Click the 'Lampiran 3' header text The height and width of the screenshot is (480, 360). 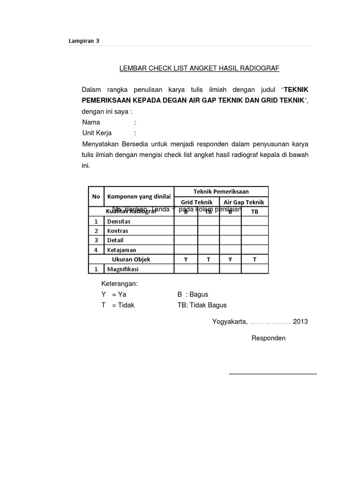click(x=84, y=41)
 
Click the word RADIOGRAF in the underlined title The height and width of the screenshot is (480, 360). click(x=260, y=68)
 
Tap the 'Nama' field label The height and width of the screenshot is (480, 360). click(x=91, y=122)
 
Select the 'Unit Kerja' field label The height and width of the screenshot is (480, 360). click(x=97, y=133)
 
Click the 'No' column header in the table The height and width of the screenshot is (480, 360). click(x=96, y=196)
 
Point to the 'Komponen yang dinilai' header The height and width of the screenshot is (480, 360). click(x=139, y=196)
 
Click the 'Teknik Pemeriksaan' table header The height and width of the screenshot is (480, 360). click(x=221, y=191)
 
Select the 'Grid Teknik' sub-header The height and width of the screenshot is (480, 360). click(x=197, y=202)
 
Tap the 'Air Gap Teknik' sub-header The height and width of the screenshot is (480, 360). click(x=244, y=202)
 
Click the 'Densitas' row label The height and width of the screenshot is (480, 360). click(x=119, y=221)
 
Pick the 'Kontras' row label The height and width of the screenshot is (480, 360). click(x=118, y=231)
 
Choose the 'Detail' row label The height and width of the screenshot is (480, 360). click(x=115, y=240)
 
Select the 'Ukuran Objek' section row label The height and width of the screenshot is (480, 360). click(x=131, y=259)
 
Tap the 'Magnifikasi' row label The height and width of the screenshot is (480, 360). click(x=123, y=269)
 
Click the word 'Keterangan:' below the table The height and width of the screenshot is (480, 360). click(x=119, y=284)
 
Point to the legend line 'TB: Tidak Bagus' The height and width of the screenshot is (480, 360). click(x=202, y=305)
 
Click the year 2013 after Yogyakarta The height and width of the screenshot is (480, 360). click(x=301, y=322)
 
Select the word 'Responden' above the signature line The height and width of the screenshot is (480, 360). click(x=269, y=338)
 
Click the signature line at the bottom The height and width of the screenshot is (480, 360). click(x=272, y=374)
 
